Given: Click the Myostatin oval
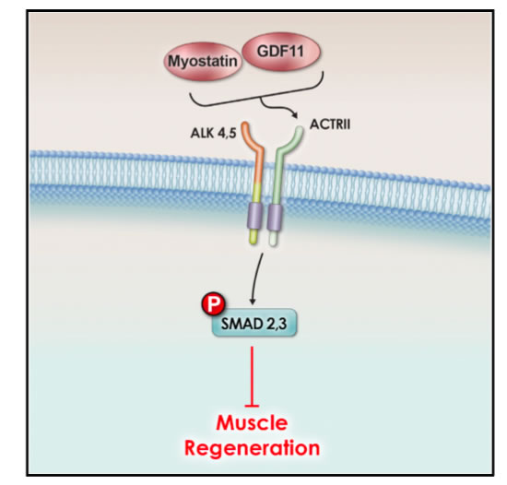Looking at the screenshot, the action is (x=202, y=62).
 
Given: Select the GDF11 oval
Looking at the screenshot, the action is (x=281, y=52).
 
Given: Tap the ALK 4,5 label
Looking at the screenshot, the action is (x=214, y=133).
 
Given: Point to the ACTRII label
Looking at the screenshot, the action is (x=330, y=124).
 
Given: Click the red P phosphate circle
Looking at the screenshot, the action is (x=213, y=304).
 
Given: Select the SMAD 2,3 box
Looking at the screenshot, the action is (x=253, y=323).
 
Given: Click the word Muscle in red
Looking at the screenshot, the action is (x=252, y=422).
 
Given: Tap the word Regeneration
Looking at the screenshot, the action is (x=252, y=448).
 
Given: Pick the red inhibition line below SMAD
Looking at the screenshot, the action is (x=252, y=377).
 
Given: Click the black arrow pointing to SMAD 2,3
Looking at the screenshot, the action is (x=256, y=278).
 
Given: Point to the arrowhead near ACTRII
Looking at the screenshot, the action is (x=294, y=115).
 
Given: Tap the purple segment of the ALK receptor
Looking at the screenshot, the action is (x=255, y=216).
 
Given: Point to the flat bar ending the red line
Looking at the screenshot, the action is (x=252, y=406).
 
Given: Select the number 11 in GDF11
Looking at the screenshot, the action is (x=296, y=52).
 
